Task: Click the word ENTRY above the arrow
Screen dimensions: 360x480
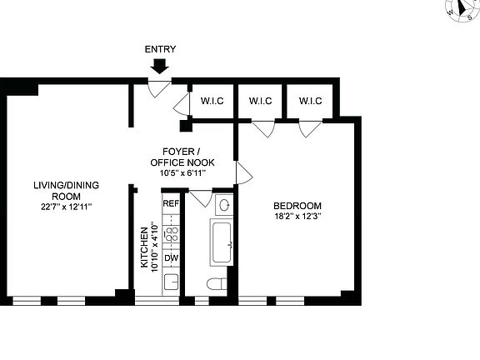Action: click(x=161, y=49)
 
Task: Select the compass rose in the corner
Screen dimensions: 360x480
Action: click(x=460, y=11)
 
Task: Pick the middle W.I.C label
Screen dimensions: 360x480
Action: click(x=262, y=102)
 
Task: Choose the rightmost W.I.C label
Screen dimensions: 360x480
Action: click(x=310, y=102)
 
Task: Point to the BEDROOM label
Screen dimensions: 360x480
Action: click(x=297, y=206)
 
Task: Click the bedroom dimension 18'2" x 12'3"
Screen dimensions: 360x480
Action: click(x=297, y=217)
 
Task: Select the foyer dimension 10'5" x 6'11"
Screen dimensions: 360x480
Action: click(x=181, y=172)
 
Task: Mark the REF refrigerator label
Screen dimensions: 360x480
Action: click(x=171, y=203)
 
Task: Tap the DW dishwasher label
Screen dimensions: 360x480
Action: click(x=171, y=258)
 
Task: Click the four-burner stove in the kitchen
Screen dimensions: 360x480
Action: click(x=171, y=233)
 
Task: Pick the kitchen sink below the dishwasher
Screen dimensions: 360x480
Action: click(x=171, y=281)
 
